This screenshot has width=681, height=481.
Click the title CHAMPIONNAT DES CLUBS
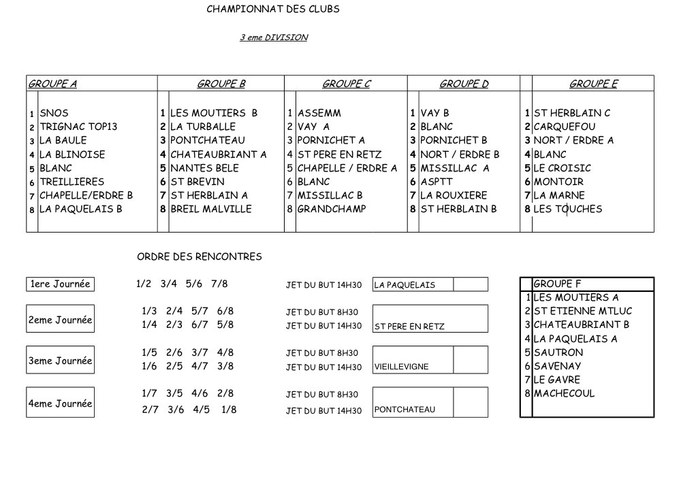[272, 10]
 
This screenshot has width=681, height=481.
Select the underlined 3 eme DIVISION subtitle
[273, 38]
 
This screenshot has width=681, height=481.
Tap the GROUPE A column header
[52, 84]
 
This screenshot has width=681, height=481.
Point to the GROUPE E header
[593, 84]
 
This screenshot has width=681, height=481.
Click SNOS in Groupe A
[54, 113]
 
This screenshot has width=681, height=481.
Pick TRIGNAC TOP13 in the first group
[78, 127]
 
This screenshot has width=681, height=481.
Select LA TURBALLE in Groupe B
[202, 127]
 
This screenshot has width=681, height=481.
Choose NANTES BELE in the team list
[204, 168]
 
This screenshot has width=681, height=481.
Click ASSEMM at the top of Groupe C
[319, 113]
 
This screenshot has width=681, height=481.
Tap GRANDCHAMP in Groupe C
[331, 209]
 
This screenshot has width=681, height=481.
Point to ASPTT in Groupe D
[437, 182]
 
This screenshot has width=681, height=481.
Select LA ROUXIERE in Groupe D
[454, 195]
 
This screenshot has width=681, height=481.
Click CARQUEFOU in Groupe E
[564, 127]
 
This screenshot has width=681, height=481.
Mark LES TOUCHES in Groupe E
[567, 209]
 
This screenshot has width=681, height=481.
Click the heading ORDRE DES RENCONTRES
[200, 256]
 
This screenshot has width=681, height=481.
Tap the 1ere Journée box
[60, 284]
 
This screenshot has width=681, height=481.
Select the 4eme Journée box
[60, 403]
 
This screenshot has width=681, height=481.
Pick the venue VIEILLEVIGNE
[401, 367]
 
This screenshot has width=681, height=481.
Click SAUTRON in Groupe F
[558, 352]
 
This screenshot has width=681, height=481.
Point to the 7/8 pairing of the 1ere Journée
[219, 284]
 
